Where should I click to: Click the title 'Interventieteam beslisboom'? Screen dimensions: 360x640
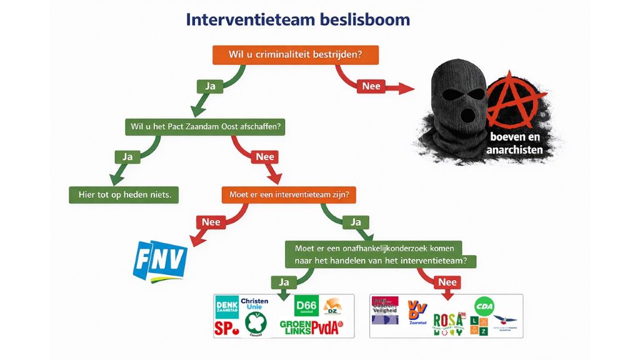click(297, 19)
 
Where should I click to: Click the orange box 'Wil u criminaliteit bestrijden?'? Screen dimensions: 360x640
click(296, 54)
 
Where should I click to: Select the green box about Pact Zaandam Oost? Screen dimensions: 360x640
click(205, 126)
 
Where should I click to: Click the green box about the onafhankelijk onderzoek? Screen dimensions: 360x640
click(381, 254)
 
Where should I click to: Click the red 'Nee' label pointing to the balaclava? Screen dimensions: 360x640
click(371, 87)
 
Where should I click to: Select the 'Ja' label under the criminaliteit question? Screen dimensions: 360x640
click(211, 86)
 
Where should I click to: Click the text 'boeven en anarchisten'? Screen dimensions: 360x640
click(514, 144)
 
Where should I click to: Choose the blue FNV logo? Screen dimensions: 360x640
click(160, 258)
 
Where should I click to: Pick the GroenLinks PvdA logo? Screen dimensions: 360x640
click(310, 327)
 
